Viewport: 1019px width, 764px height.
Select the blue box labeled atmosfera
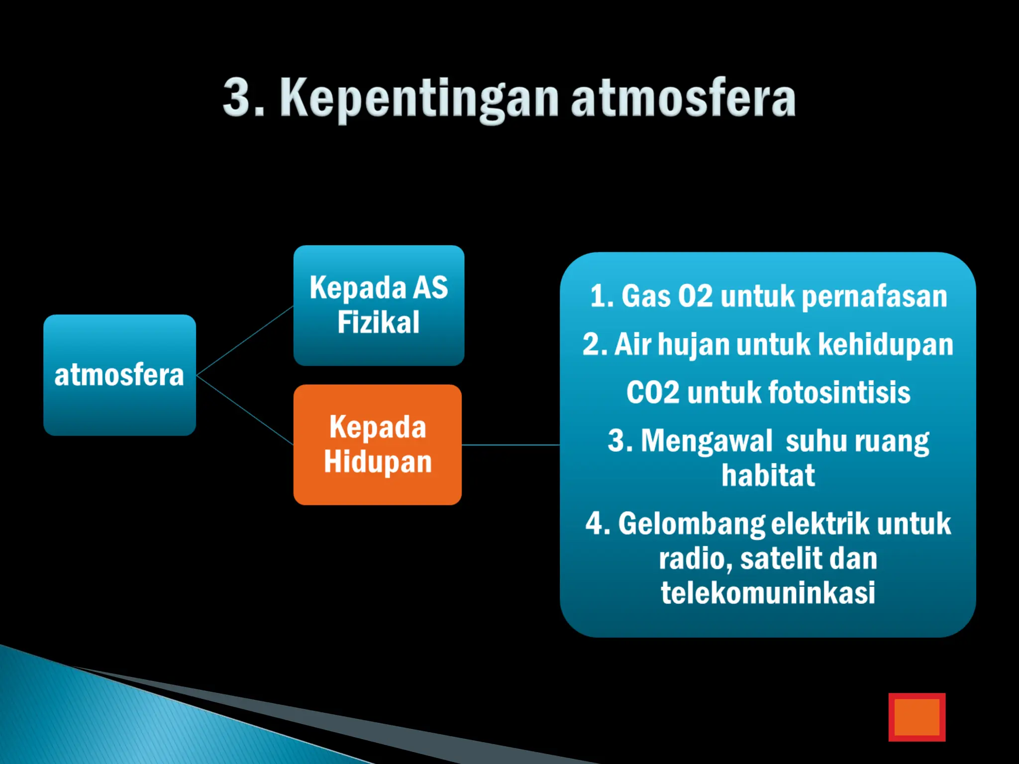tap(119, 375)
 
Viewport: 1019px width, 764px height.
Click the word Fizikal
tap(378, 322)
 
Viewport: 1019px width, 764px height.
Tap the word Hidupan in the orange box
tap(378, 462)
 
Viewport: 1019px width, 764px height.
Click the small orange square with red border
tap(917, 717)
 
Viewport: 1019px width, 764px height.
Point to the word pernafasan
tap(874, 296)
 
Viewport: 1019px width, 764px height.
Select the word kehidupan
tap(885, 344)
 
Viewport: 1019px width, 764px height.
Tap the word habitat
tap(768, 476)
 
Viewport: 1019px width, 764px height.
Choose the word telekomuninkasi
tap(768, 593)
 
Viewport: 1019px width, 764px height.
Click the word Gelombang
tap(692, 524)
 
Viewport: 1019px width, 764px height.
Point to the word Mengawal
tap(707, 441)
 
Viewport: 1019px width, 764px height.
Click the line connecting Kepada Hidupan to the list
tap(510, 445)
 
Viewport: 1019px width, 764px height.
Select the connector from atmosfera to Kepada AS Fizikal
tap(245, 340)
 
